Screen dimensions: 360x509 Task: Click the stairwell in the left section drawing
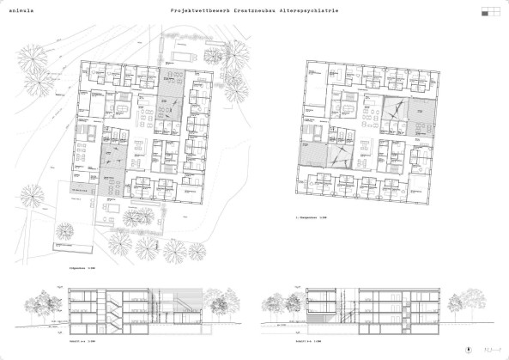[x=104, y=310]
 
